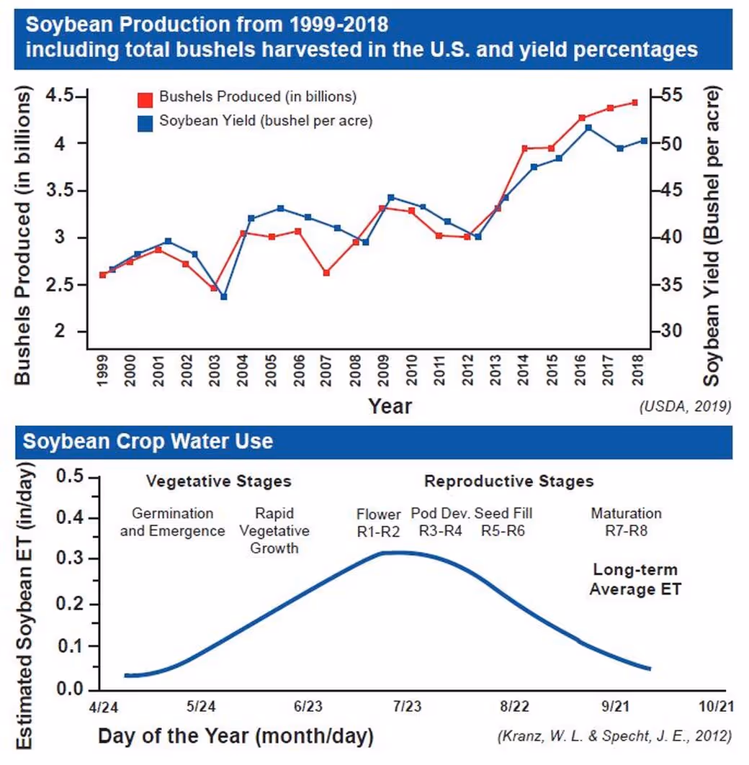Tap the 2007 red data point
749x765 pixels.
click(x=326, y=273)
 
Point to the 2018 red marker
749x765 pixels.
click(x=634, y=103)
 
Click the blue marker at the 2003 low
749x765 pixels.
click(x=223, y=297)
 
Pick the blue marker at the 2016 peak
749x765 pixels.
click(x=588, y=128)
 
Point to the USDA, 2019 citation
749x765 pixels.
click(x=685, y=407)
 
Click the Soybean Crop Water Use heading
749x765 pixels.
click(x=148, y=441)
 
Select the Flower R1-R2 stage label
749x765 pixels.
click(x=379, y=522)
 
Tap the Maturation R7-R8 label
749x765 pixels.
click(x=626, y=522)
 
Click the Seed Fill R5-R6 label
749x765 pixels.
click(x=503, y=522)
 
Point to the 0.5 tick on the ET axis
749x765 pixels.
click(x=71, y=478)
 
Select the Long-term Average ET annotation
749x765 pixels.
click(x=635, y=580)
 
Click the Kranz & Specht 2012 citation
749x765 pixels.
click(x=614, y=736)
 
